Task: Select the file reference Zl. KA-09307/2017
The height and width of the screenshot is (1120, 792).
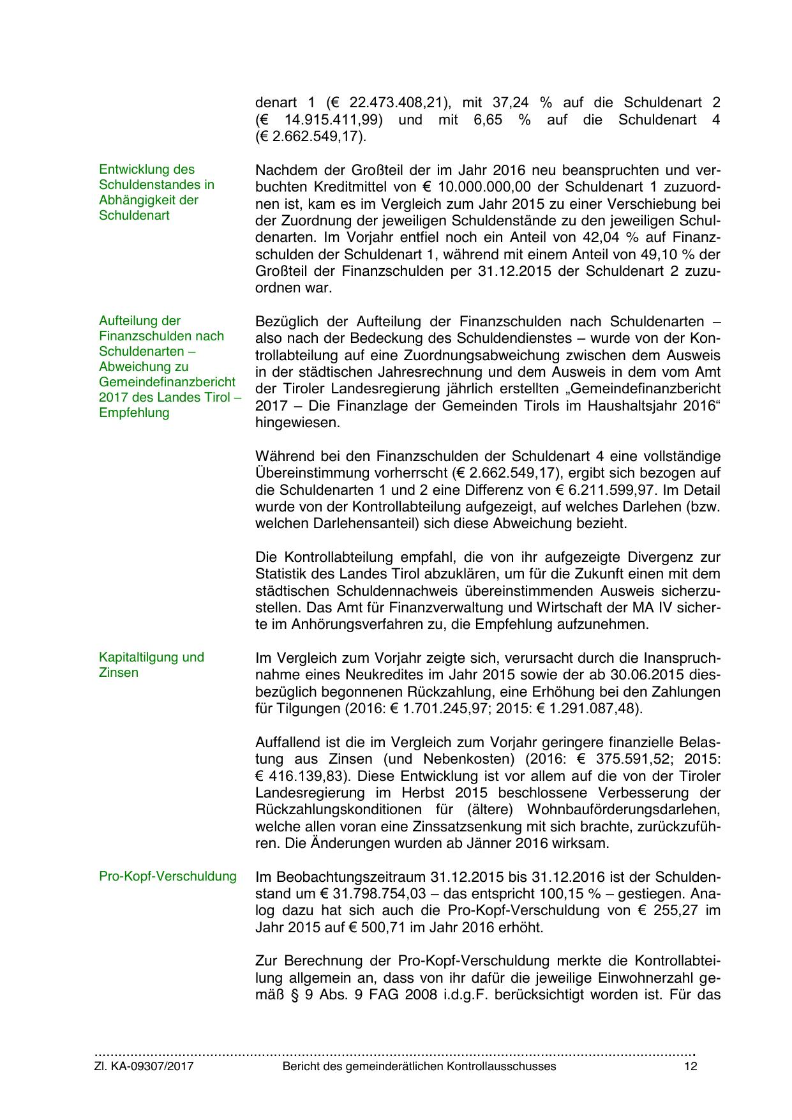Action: pyautogui.click(x=144, y=1066)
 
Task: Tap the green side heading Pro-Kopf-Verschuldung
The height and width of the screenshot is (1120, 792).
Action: pyautogui.click(x=168, y=876)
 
